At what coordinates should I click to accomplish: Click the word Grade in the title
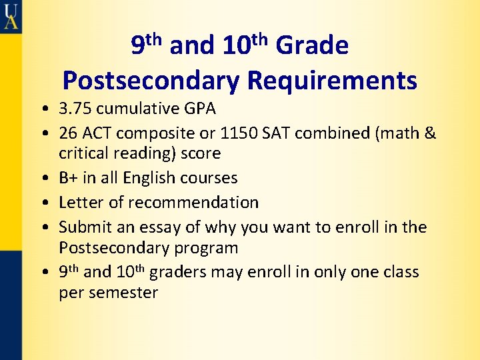point(311,46)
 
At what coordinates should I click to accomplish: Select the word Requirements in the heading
point(332,81)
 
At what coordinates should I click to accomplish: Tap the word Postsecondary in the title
point(151,81)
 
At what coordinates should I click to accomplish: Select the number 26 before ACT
point(68,133)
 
